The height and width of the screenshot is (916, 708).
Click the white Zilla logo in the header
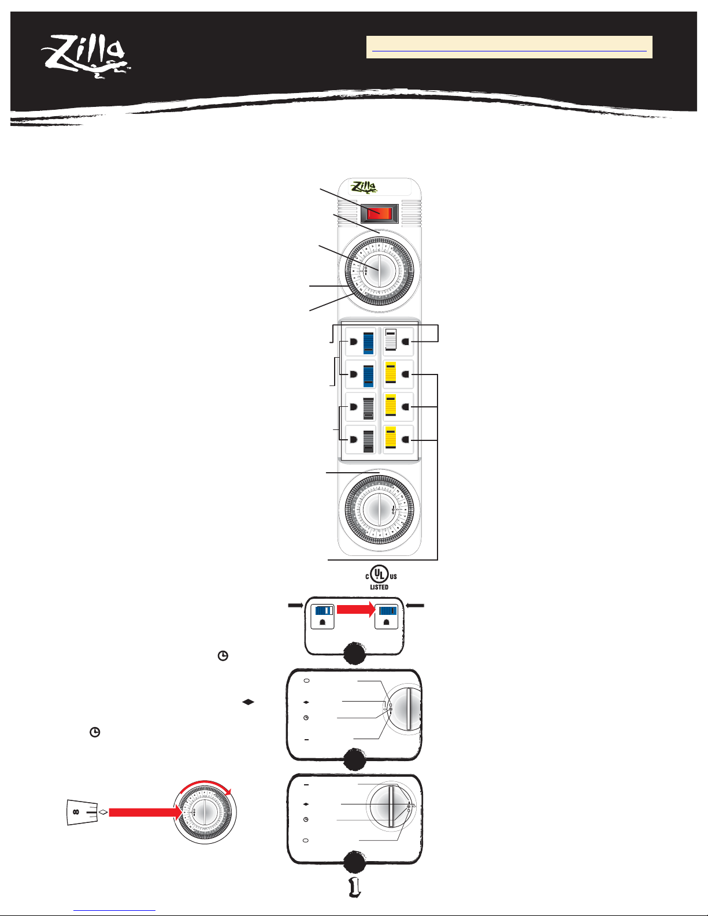85,55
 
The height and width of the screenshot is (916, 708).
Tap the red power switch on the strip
379,213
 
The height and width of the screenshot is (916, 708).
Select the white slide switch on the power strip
391,340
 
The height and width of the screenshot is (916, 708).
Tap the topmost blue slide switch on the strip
368,343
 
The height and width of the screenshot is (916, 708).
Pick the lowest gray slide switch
368,440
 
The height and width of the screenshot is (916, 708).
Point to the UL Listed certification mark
380,577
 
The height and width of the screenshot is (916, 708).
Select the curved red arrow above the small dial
206,787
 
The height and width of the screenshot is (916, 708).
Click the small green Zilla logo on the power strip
364,187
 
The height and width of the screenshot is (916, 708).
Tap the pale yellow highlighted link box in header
509,47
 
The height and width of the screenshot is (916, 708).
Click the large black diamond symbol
248,702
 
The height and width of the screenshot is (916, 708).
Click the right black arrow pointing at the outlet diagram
415,605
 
